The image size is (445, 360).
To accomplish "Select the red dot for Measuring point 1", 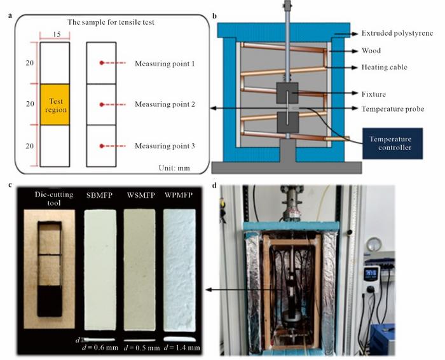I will (x=101, y=63).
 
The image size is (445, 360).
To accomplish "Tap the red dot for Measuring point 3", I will (x=101, y=146).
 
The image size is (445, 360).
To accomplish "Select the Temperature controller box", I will (x=392, y=143).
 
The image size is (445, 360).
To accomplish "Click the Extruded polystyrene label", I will (x=397, y=32).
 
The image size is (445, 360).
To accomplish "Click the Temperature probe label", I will (x=394, y=109).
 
